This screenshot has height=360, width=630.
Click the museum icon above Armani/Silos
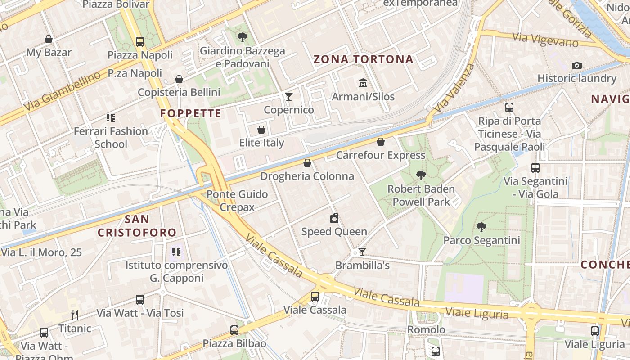tap(363, 83)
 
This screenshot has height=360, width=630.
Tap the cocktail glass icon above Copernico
tap(289, 96)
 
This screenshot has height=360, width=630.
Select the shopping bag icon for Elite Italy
tap(261, 130)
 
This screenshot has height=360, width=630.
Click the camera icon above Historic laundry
tap(576, 65)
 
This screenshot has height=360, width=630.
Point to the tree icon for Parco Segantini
tap(481, 227)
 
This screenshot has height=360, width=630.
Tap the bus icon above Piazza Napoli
tap(140, 42)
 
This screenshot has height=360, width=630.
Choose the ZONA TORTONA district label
tap(363, 59)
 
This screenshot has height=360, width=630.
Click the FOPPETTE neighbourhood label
tap(191, 113)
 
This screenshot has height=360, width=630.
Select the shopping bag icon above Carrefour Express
tap(381, 142)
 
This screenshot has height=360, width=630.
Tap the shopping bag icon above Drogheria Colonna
tap(307, 162)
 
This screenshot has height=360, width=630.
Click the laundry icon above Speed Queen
tap(334, 218)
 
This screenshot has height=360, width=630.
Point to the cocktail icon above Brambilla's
tap(362, 252)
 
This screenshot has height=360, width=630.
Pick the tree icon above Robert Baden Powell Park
tap(421, 175)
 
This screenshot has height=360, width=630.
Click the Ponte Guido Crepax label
tap(237, 201)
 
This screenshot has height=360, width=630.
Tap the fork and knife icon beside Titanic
tap(75, 315)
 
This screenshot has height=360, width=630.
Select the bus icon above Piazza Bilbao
tap(234, 330)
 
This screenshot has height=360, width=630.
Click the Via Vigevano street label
tap(545, 40)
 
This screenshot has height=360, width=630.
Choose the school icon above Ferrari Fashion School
tap(111, 118)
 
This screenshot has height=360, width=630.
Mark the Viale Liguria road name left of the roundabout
tap(477, 313)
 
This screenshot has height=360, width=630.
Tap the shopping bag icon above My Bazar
tap(49, 39)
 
